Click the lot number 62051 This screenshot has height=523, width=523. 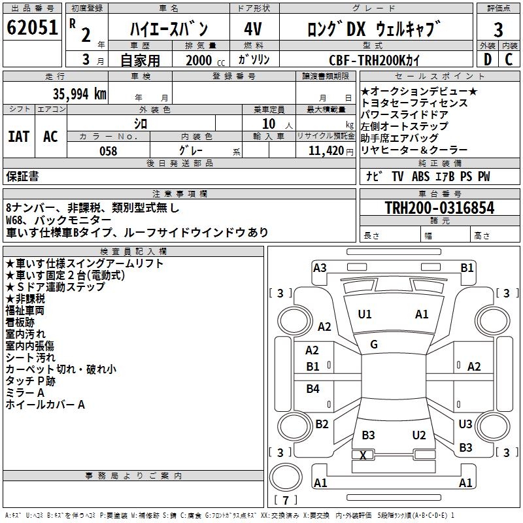coord(33,28)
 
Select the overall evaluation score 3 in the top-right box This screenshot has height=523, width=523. coord(498,30)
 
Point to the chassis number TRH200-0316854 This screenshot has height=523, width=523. coord(439,208)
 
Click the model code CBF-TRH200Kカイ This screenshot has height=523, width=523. coord(376,59)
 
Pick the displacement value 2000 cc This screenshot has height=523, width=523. coord(203,60)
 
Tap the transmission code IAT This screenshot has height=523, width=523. coord(18,137)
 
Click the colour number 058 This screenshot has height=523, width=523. coord(108,151)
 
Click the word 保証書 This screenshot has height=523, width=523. coord(22,176)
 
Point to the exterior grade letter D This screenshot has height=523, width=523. coord(487,59)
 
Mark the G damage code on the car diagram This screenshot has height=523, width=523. coord(374,345)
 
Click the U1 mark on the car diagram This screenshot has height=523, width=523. coord(365,314)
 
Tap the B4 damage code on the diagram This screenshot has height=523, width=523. coord(313,389)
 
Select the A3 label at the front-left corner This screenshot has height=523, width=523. coord(320,267)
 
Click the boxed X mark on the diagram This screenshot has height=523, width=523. coord(363,455)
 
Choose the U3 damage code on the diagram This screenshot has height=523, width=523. coord(465,424)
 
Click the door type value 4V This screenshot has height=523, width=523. coord(254,29)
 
